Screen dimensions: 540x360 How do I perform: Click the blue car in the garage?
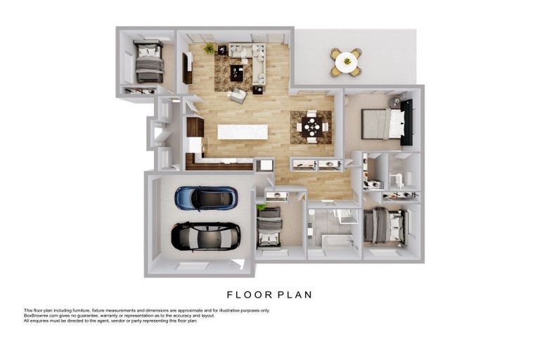pos(206,198)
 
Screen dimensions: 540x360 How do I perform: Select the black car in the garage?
pos(205,236)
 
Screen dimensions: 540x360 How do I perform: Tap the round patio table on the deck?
pos(347,62)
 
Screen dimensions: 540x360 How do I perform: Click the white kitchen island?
pos(243,132)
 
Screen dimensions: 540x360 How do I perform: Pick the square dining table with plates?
pos(312,127)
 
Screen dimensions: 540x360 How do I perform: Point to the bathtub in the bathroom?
pos(337,241)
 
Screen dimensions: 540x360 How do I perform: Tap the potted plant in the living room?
pos(209,49)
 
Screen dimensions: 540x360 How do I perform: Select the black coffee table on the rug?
pos(236,73)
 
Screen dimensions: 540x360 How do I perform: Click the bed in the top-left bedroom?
pos(149,62)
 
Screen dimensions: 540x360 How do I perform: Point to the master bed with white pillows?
pos(383,124)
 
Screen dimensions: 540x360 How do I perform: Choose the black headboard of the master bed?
pos(406,122)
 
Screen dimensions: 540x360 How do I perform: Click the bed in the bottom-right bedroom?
pos(385,226)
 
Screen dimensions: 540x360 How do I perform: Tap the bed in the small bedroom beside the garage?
pos(270,227)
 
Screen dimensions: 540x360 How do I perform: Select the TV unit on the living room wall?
pos(187,68)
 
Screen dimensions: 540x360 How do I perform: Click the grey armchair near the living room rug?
pos(238,96)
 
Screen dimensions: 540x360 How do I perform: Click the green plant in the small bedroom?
pos(262,207)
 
